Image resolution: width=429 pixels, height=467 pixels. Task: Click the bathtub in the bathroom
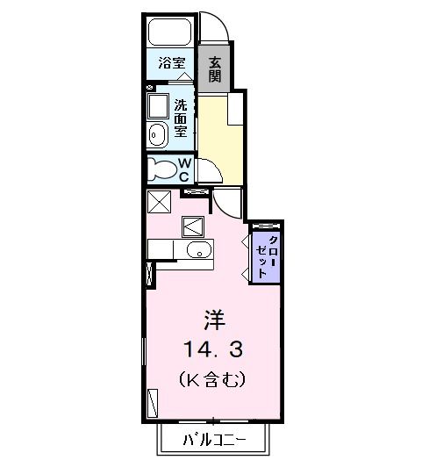171,34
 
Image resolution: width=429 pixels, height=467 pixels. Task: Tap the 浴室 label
171,63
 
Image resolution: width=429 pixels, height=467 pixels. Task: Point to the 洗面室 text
180,116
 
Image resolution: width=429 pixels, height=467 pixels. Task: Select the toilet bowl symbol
163,168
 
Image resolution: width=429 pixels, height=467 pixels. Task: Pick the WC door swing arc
204,171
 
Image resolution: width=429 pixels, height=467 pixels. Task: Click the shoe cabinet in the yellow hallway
235,111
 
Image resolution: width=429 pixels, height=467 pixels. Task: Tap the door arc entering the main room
227,205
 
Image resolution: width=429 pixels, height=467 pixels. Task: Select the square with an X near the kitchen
158,201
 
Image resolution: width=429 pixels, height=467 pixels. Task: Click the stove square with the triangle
193,226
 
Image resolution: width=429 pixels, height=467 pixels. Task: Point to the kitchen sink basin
200,253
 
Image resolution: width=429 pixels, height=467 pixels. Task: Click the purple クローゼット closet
265,256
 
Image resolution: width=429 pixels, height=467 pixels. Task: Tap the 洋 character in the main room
214,318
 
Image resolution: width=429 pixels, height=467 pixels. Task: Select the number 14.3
214,349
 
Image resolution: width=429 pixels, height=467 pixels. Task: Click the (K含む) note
214,380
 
